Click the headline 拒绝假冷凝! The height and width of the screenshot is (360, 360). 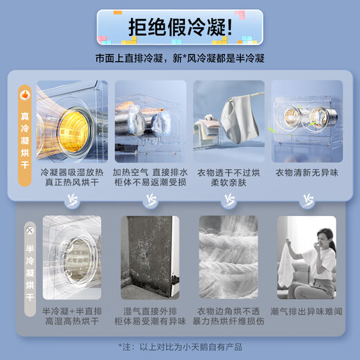(x=179, y=28)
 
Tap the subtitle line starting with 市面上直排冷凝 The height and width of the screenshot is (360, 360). (x=180, y=59)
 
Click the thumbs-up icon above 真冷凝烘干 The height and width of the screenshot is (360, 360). (x=25, y=93)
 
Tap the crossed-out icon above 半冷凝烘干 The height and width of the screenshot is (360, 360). (x=29, y=229)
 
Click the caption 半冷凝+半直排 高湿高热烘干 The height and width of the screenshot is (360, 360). (x=71, y=316)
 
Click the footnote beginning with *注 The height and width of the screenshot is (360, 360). (x=180, y=347)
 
